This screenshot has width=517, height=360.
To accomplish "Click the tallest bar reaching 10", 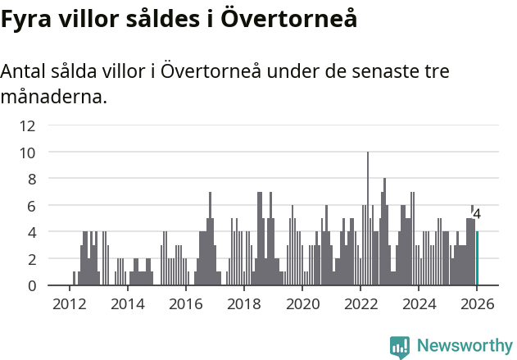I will [368, 219].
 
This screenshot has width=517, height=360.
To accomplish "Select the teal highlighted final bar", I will [477, 258].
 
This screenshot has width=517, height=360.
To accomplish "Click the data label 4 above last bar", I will [477, 214].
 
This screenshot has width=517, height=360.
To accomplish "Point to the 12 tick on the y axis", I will [27, 125].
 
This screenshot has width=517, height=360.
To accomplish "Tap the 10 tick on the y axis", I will [27, 153].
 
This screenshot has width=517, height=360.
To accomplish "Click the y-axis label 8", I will [31, 179].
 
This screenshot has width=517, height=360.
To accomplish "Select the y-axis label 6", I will [31, 206].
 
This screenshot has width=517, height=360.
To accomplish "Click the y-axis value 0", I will [31, 285].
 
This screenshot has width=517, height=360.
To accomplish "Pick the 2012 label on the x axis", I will [69, 303].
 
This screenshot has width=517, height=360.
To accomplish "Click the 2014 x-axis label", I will [127, 303].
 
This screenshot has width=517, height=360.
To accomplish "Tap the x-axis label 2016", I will [186, 303].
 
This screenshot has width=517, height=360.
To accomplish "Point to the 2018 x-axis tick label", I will [244, 303].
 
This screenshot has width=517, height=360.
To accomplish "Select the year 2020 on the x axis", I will [302, 303].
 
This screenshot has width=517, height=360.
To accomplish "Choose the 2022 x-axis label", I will [361, 303].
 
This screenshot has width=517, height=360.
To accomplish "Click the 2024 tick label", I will [419, 303].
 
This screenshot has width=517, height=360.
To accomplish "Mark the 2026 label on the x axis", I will [477, 303].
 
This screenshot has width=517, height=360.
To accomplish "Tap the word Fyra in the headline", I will [27, 19].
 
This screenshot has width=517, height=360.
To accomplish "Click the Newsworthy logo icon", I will [400, 347].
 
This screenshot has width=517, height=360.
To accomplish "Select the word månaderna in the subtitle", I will [53, 98].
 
